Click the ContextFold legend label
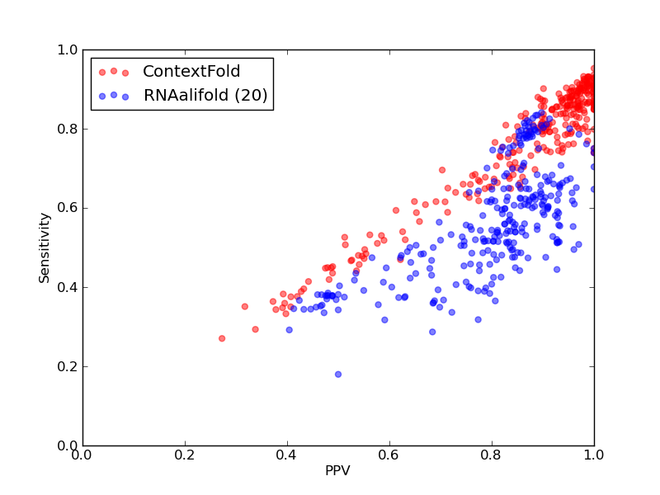(191, 71)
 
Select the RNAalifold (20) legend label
(205, 95)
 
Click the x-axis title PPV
(337, 470)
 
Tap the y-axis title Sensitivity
(45, 248)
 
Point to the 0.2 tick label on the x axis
(185, 455)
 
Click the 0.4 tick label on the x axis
(287, 455)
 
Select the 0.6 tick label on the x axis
(389, 455)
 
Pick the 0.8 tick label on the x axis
(492, 455)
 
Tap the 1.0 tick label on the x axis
(593, 455)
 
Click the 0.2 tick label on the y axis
(68, 366)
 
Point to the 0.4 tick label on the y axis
(68, 287)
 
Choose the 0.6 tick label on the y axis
(68, 209)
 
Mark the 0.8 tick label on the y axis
(68, 129)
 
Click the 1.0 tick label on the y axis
(68, 49)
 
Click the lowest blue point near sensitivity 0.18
(338, 375)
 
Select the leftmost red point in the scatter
(222, 338)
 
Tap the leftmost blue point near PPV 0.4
(290, 330)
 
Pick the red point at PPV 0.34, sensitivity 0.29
(255, 329)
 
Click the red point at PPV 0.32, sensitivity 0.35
(244, 306)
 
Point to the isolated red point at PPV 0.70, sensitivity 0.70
(442, 170)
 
